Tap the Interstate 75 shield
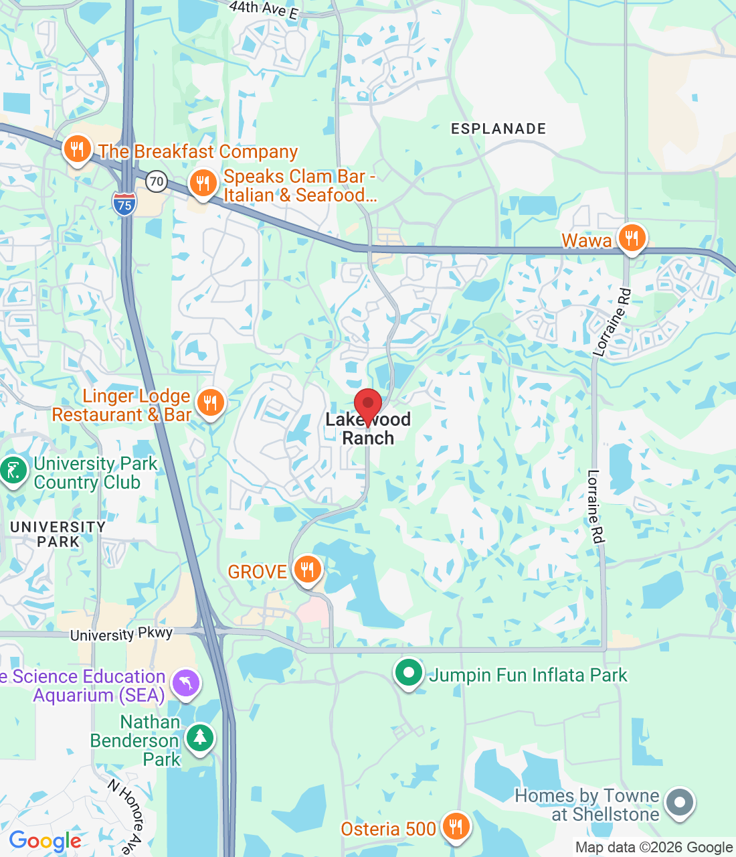124,204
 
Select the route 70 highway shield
157,181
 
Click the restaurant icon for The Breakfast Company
78,149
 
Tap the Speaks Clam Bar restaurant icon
203,183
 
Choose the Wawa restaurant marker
631,238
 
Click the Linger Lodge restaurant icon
211,403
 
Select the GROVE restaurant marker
307,570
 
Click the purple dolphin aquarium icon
185,684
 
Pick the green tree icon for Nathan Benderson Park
199,738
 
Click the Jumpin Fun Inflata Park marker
408,673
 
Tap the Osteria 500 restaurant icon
456,827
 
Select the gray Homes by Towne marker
680,802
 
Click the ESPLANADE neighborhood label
498,129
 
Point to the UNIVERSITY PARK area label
58,534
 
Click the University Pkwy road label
121,634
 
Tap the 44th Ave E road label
263,9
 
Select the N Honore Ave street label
126,814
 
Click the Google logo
45,841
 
